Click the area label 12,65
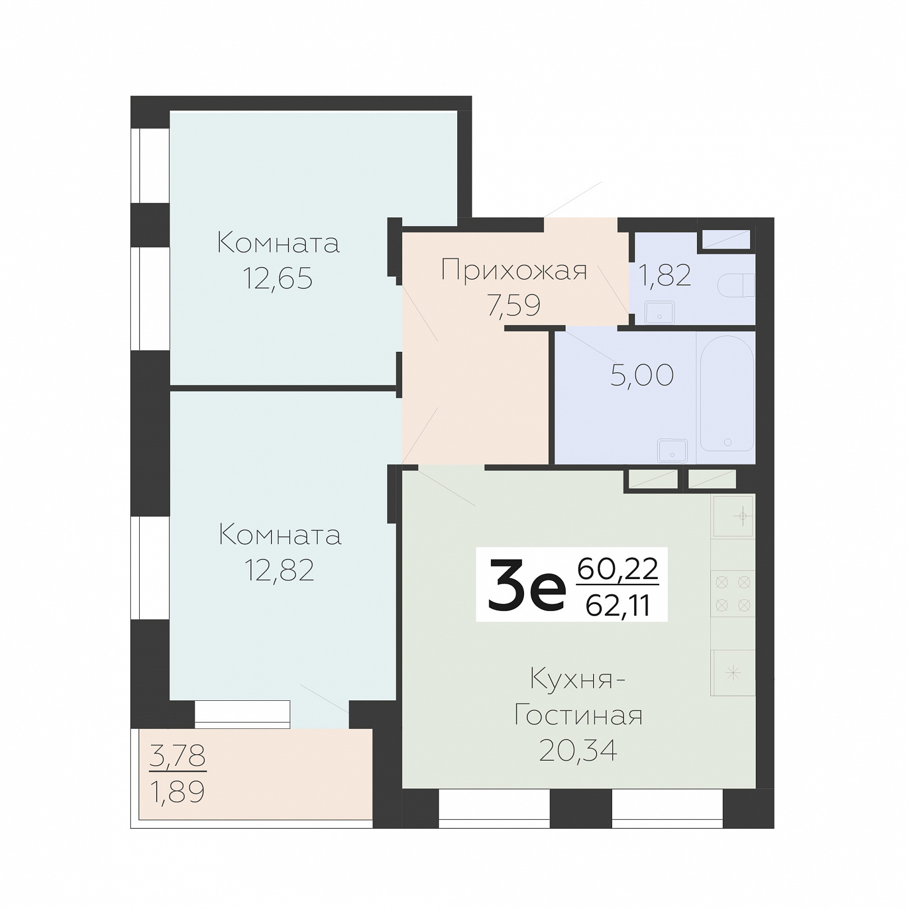(x=277, y=278)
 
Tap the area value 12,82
(x=279, y=570)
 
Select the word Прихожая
(x=514, y=270)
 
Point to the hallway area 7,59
(x=514, y=306)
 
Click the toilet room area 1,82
(x=665, y=275)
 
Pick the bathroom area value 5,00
(x=642, y=375)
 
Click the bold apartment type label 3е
(x=527, y=585)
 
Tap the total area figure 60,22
(x=617, y=569)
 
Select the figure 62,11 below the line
(x=618, y=605)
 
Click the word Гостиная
(x=578, y=715)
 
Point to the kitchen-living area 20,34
(x=578, y=750)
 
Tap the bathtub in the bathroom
(x=727, y=393)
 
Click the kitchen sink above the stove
(x=733, y=516)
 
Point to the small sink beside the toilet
(x=660, y=312)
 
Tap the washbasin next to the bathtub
(x=672, y=451)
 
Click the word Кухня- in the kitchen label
(x=578, y=680)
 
